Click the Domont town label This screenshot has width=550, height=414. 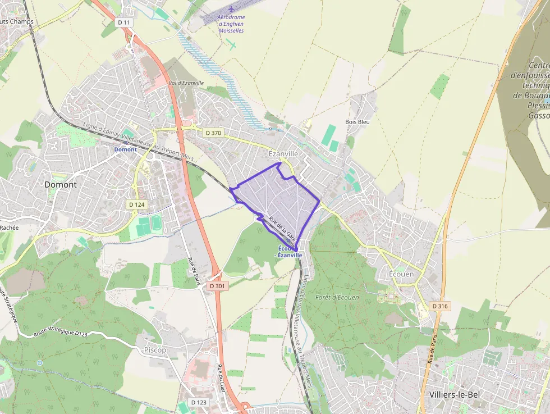tap(61, 184)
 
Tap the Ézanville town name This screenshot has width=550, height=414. tap(283, 153)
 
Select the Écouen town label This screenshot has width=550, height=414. tap(401, 274)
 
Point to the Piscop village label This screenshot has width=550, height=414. tap(155, 350)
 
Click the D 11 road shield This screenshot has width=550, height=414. tap(124, 22)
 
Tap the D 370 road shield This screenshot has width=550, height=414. tap(213, 133)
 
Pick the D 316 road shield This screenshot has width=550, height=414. tap(440, 306)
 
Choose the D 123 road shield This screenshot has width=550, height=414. tap(199, 402)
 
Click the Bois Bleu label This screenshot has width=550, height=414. tap(357, 122)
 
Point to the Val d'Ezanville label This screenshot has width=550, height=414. tap(186, 83)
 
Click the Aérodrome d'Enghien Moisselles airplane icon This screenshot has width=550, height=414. tap(232, 10)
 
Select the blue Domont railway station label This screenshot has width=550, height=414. tap(125, 149)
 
